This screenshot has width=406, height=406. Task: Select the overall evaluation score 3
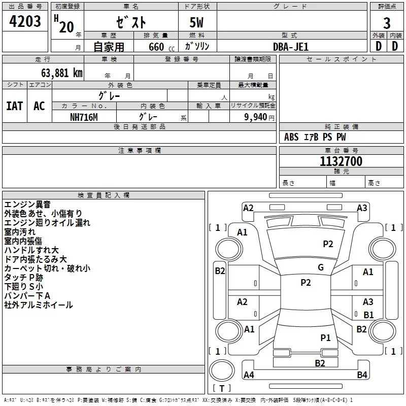point(387,23)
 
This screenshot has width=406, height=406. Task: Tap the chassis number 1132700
point(341,162)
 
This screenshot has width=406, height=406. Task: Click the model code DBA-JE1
point(291,47)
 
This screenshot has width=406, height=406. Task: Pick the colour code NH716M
point(84,117)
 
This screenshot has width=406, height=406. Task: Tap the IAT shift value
point(15,106)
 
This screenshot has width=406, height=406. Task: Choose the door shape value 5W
point(197,23)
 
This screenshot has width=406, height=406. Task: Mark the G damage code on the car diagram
point(320,267)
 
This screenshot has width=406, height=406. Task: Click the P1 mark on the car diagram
point(325,337)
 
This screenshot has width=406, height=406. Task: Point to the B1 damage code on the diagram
point(368,315)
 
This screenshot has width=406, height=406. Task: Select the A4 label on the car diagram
point(249,375)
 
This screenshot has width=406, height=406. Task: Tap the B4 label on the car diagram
point(362,375)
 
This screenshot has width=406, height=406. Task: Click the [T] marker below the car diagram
point(221,389)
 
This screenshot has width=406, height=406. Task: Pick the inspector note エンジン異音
point(27,205)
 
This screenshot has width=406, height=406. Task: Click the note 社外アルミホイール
point(39,305)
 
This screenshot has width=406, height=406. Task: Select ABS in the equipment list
point(291,137)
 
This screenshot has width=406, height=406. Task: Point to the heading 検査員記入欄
point(104,195)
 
